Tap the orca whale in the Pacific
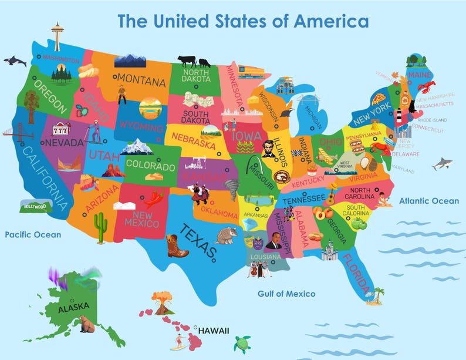click(15, 60)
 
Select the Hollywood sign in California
click(36, 206)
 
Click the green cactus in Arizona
click(100, 226)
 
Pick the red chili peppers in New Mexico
click(154, 198)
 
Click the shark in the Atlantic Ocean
click(442, 164)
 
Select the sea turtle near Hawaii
click(242, 343)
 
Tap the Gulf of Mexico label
click(286, 294)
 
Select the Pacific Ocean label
click(33, 235)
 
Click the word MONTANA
click(141, 79)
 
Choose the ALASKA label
click(73, 306)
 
